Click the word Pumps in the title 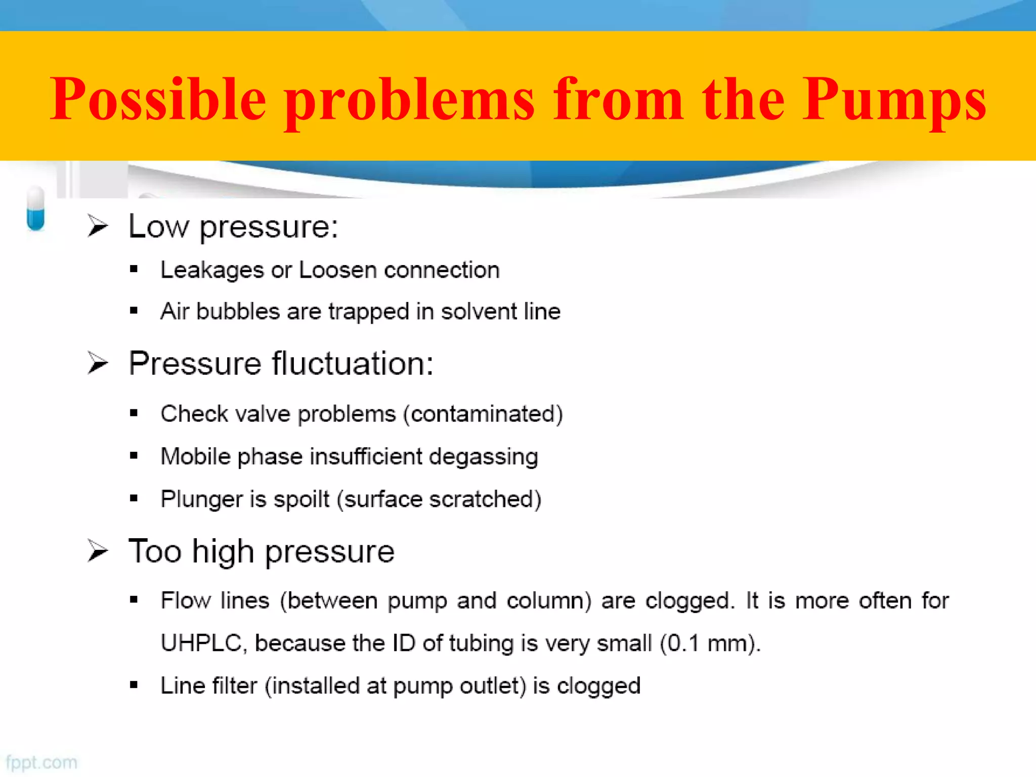click(x=894, y=100)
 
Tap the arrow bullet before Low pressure click(x=98, y=226)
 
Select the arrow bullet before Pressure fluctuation click(x=98, y=363)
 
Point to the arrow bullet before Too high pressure click(x=98, y=551)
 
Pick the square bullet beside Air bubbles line click(x=134, y=311)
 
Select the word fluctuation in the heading click(x=353, y=363)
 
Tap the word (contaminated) click(x=483, y=414)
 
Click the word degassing click(x=483, y=457)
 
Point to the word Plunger click(x=202, y=500)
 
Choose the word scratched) click(x=485, y=499)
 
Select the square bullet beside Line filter click(x=134, y=685)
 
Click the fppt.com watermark click(x=41, y=762)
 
